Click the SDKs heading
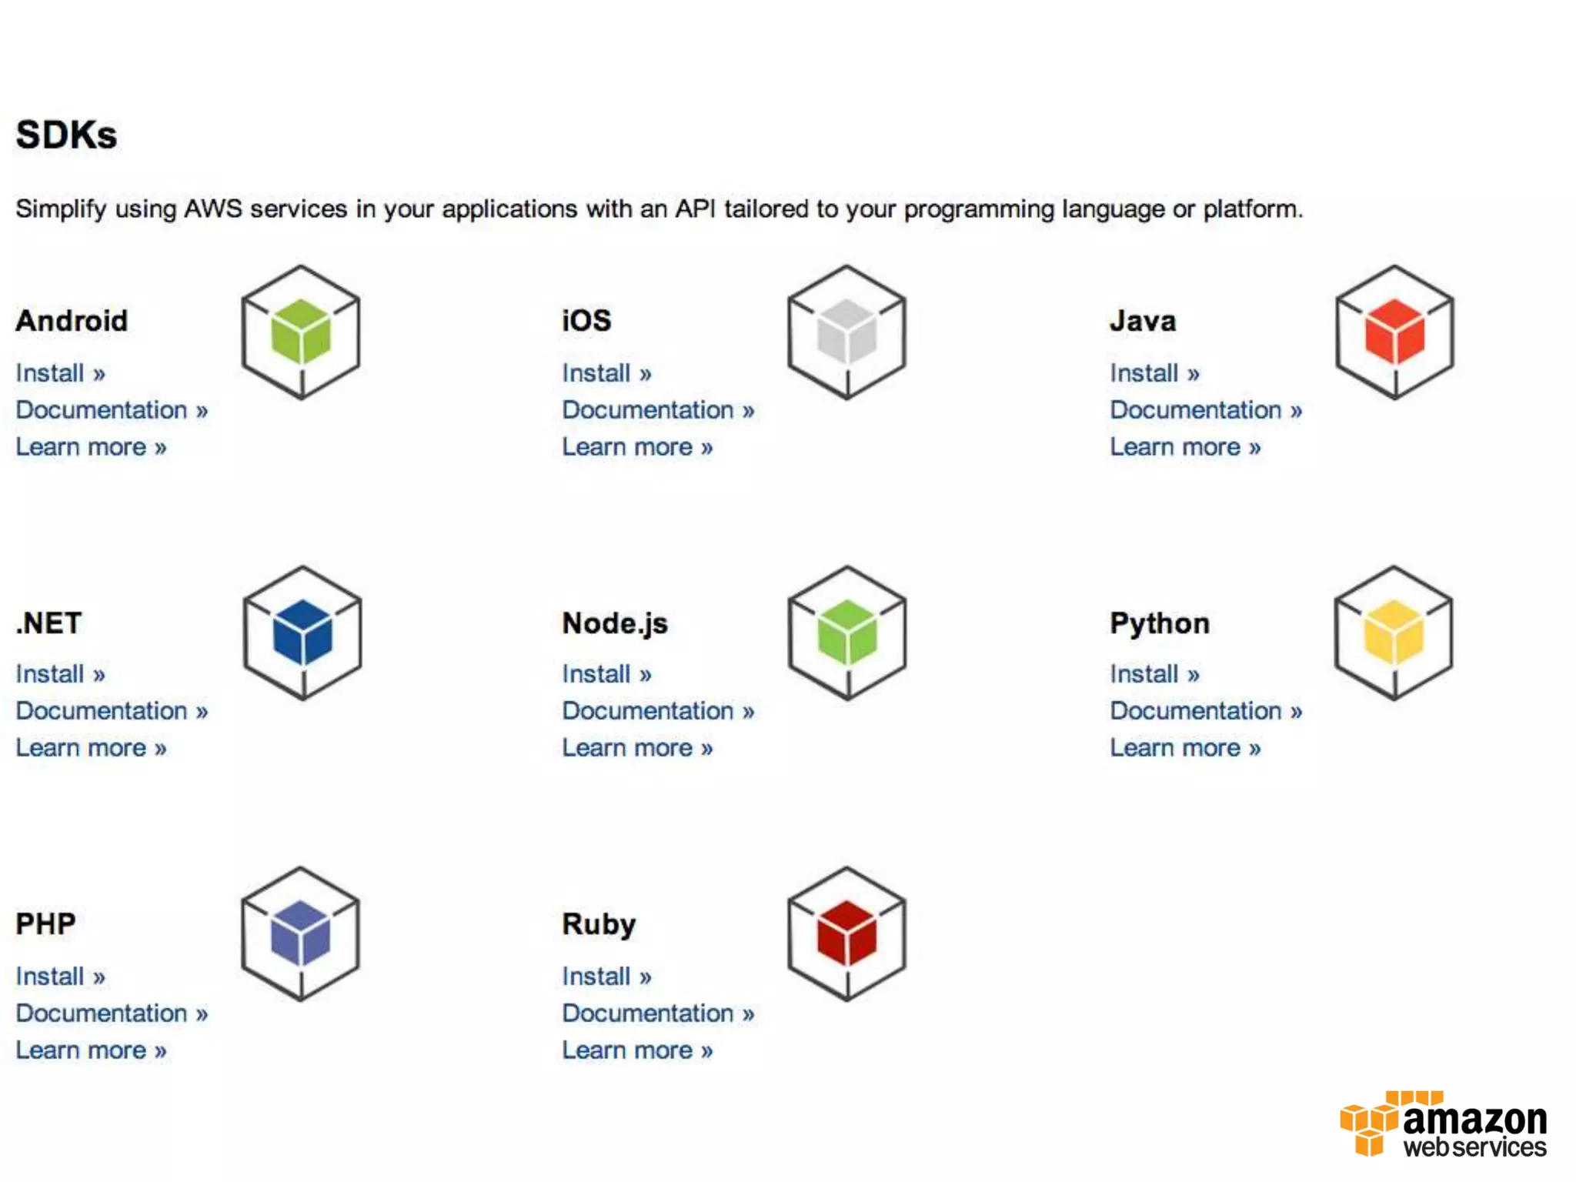pos(67,135)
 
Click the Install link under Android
pos(60,373)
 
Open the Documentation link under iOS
pos(658,410)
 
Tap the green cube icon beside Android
pos(301,332)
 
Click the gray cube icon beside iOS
pos(847,332)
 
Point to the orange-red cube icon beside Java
pos(1394,332)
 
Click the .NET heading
pos(48,623)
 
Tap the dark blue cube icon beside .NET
pos(302,633)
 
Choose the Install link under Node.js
pos(606,674)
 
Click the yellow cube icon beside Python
pos(1394,633)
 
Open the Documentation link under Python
pos(1206,711)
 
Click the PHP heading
pos(46,924)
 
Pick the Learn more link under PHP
pos(91,1050)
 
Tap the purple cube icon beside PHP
pos(301,934)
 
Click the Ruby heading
pos(599,924)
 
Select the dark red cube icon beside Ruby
pos(847,934)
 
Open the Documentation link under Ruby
pos(658,1013)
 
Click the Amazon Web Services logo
pos(1444,1124)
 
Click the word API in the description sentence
pos(695,209)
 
